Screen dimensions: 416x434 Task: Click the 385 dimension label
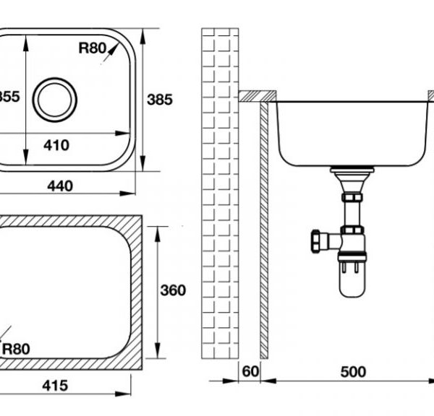tap(161, 100)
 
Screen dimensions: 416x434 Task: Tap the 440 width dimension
tap(60, 186)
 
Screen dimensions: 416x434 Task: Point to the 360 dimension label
tap(172, 290)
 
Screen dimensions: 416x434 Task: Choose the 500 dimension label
tap(353, 372)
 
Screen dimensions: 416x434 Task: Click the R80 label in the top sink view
tap(93, 49)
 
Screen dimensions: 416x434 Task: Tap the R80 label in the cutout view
tap(15, 350)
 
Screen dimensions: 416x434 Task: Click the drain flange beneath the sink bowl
tap(352, 172)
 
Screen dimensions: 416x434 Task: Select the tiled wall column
tap(219, 195)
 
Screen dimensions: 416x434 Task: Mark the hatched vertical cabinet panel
tap(265, 231)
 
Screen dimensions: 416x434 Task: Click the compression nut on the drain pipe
tap(352, 195)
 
